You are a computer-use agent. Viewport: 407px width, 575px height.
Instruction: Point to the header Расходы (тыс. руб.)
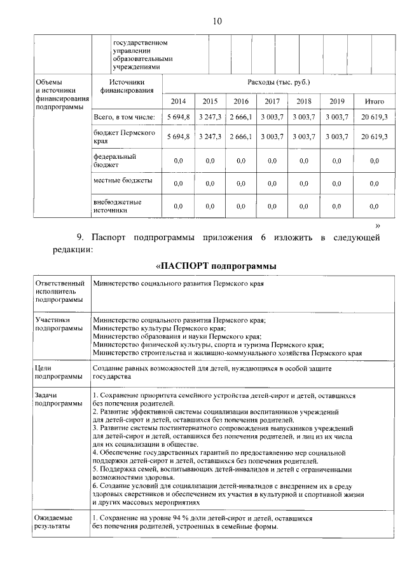[279, 83]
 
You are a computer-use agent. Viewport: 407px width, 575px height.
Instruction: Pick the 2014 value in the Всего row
[179, 118]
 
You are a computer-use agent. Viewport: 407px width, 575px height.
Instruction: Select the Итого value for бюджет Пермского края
[373, 137]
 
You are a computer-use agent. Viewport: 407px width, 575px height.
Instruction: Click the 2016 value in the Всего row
[241, 118]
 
